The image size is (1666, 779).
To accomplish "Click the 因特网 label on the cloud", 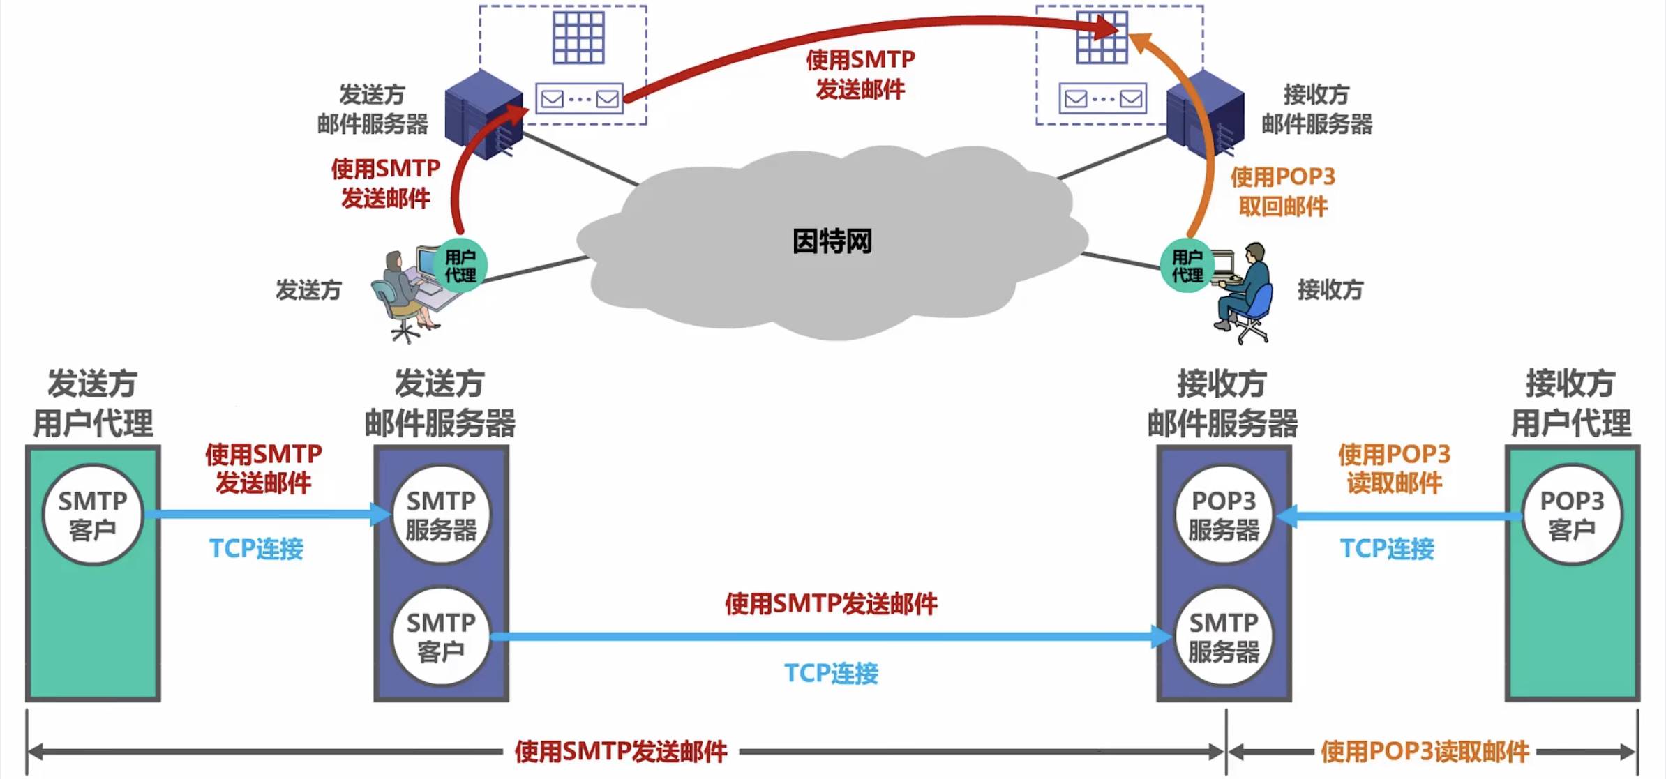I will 832,242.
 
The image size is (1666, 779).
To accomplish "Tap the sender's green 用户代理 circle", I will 460,266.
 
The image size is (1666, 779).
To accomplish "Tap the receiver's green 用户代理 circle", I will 1187,266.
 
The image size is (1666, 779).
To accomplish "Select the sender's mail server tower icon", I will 483,115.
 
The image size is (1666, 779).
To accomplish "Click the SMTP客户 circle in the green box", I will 93,515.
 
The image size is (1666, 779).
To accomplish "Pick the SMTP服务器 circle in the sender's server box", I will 441,515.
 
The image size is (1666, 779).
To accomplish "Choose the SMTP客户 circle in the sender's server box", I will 441,637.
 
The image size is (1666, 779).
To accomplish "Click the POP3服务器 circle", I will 1224,515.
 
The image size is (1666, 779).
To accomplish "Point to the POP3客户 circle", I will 1572,515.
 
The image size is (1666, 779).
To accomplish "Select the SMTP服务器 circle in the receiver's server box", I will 1224,637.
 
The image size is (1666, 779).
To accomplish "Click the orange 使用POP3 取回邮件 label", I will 1282,192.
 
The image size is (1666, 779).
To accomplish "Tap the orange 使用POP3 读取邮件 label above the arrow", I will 1394,469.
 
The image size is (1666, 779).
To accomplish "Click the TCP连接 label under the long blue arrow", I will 831,673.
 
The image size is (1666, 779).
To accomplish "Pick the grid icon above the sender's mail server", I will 578,37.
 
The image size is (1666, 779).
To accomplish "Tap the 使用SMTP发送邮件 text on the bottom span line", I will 621,752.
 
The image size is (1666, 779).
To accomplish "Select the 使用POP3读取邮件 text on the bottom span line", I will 1425,752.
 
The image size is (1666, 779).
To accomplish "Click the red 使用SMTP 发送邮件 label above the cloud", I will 860,75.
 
